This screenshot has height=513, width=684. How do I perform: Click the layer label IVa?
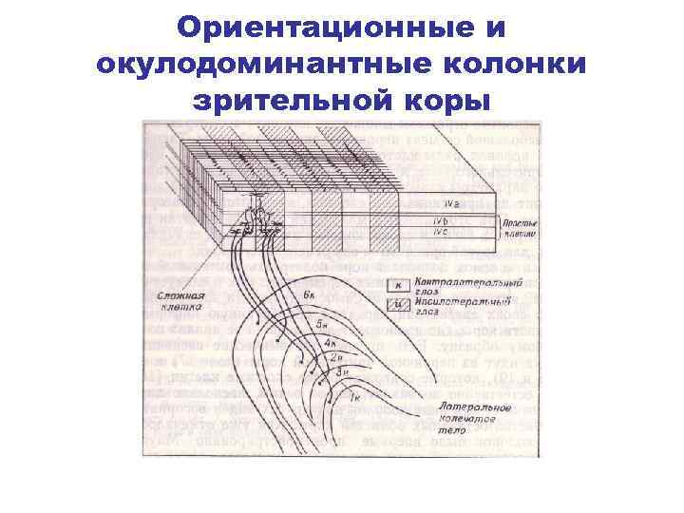pyautogui.click(x=451, y=204)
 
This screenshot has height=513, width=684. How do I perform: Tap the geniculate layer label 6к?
pyautogui.click(x=310, y=296)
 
